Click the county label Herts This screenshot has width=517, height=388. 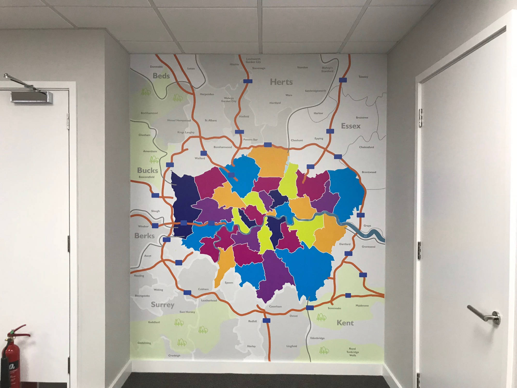(281, 82)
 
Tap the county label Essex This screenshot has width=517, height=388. (351, 126)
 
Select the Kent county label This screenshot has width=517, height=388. (345, 323)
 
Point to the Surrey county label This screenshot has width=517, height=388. (162, 305)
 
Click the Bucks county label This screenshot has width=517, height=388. (147, 170)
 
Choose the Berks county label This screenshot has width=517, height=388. (144, 236)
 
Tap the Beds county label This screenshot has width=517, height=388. (161, 76)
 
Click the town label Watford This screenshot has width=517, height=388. (200, 158)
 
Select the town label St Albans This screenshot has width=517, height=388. (211, 120)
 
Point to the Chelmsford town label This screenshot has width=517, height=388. (366, 147)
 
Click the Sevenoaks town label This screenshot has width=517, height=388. (334, 308)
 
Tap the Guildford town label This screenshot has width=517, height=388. (154, 322)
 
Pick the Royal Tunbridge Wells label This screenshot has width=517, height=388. (353, 352)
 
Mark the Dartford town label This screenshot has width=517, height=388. (345, 244)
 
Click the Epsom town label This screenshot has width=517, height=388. (229, 282)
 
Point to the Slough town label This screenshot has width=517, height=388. (155, 211)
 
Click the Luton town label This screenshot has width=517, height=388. (191, 69)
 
